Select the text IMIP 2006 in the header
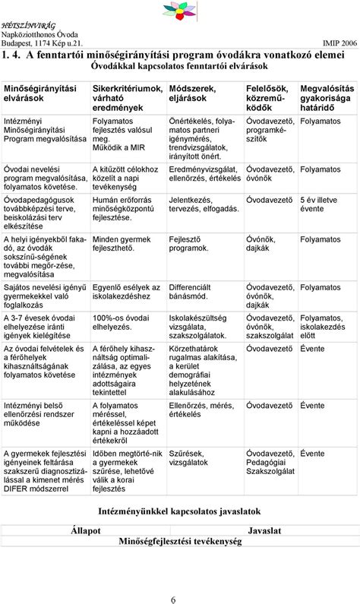[339, 43]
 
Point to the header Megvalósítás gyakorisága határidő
[328, 99]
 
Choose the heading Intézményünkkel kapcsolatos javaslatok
[179, 512]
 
